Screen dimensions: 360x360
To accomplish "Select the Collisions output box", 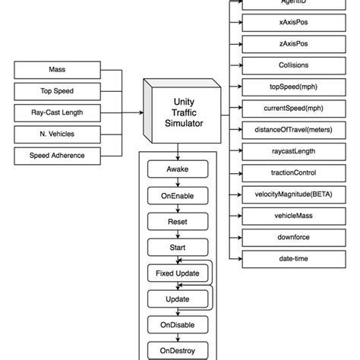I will click(283, 65).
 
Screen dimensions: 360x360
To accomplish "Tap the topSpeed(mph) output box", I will click(283, 87).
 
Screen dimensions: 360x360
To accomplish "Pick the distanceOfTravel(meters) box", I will click(283, 130).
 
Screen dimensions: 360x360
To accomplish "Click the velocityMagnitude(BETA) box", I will click(283, 194).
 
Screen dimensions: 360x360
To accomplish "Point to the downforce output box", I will click(283, 238).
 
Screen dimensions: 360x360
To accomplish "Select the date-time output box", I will click(283, 259).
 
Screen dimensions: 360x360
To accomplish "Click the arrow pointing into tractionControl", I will click(238, 173).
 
